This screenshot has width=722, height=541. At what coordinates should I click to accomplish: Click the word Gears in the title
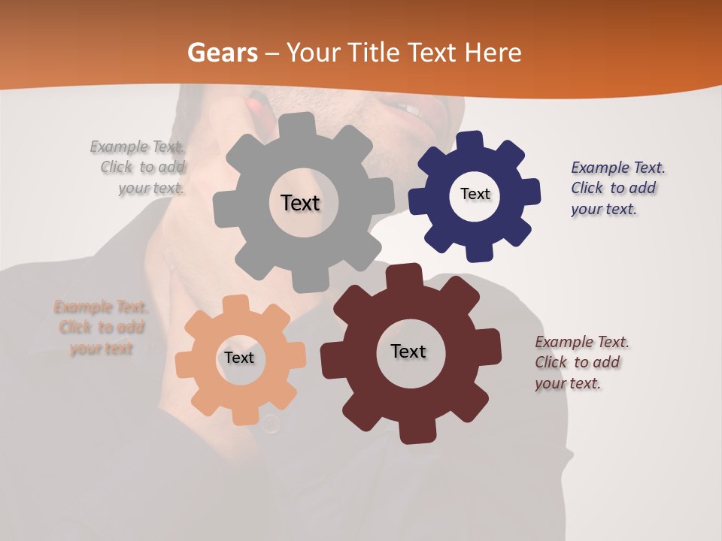pyautogui.click(x=222, y=53)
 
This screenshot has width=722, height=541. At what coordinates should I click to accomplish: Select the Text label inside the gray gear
pyautogui.click(x=300, y=203)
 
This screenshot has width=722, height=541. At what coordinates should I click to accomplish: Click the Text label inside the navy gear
pyautogui.click(x=475, y=194)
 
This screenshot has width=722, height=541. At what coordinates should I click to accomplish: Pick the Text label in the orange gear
pyautogui.click(x=239, y=358)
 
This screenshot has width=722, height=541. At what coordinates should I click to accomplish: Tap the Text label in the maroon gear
pyautogui.click(x=408, y=352)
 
